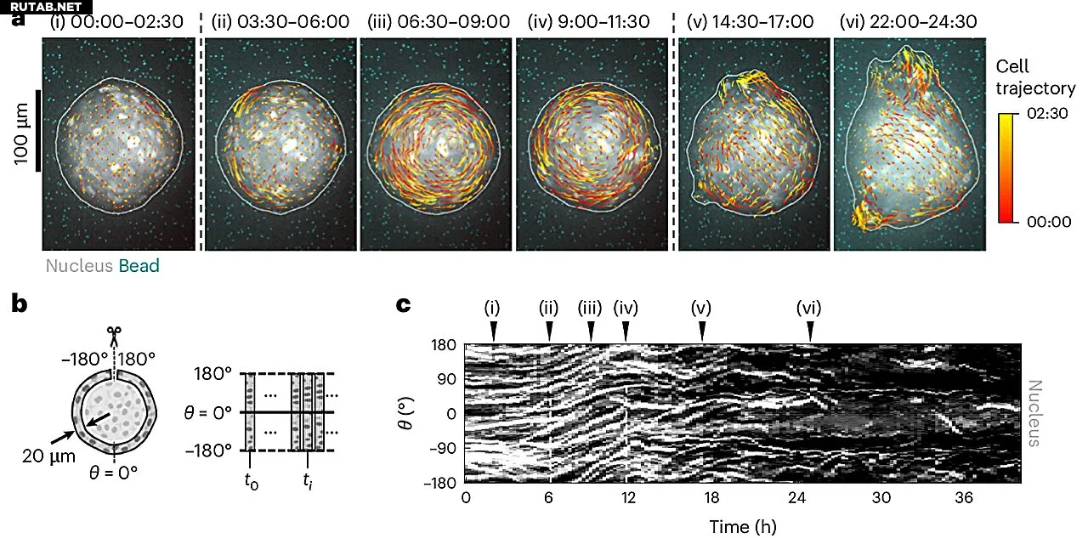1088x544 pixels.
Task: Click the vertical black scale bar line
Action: click(x=38, y=130)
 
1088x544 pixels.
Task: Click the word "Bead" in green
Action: click(x=139, y=266)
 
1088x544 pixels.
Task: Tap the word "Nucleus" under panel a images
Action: click(x=79, y=266)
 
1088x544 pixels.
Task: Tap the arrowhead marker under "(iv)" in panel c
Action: click(x=626, y=331)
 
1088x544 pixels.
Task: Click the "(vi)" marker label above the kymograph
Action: click(x=809, y=308)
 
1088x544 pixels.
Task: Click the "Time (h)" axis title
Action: click(x=743, y=527)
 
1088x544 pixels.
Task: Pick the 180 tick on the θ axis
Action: click(x=445, y=345)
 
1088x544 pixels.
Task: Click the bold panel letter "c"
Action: click(x=406, y=303)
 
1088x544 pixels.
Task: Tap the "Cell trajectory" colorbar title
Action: click(x=1035, y=77)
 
